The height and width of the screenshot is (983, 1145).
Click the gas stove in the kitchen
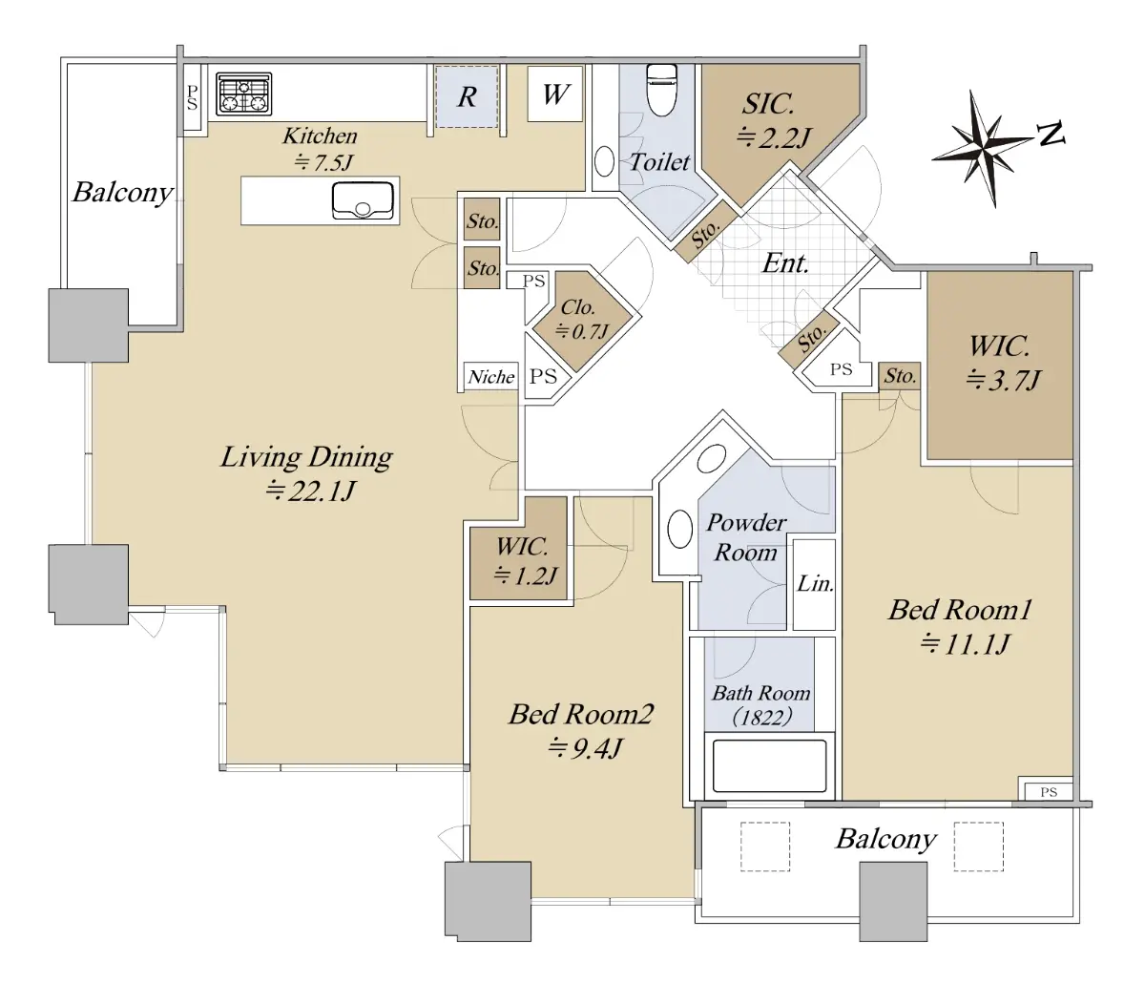pyautogui.click(x=243, y=94)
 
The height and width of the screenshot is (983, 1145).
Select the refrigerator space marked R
pyautogui.click(x=467, y=97)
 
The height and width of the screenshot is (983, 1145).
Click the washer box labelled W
pyautogui.click(x=555, y=94)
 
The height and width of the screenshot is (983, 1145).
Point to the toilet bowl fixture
pyautogui.click(x=662, y=89)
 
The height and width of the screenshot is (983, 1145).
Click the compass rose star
pyautogui.click(x=982, y=148)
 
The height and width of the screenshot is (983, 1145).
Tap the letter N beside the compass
pyautogui.click(x=1051, y=134)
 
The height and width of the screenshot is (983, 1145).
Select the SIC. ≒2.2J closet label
pyautogui.click(x=773, y=120)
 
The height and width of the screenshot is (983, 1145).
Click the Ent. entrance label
pyautogui.click(x=785, y=263)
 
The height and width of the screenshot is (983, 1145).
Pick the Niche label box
pyautogui.click(x=490, y=377)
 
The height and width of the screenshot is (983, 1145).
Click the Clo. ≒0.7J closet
pyautogui.click(x=582, y=321)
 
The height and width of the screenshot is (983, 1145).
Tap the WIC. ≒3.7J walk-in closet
pyautogui.click(x=1000, y=366)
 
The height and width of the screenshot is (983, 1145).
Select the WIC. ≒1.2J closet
pyautogui.click(x=518, y=561)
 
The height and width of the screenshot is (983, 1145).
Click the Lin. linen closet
pyautogui.click(x=814, y=585)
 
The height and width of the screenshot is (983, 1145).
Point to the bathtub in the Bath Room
pyautogui.click(x=769, y=766)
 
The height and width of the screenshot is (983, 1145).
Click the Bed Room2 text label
pyautogui.click(x=581, y=714)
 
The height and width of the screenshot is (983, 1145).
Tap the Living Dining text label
pyautogui.click(x=306, y=457)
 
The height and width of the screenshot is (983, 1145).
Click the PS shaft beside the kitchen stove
pyautogui.click(x=192, y=97)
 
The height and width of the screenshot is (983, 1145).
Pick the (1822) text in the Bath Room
pyautogui.click(x=761, y=719)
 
